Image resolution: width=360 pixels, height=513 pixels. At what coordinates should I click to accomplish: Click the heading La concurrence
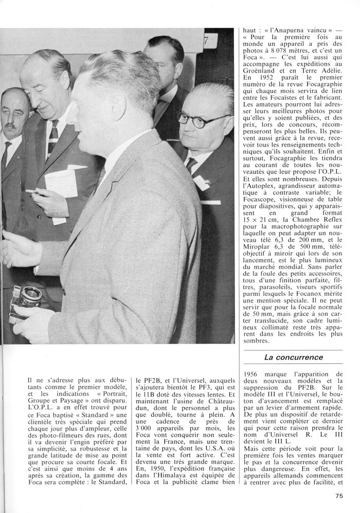pyautogui.click(x=293, y=357)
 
